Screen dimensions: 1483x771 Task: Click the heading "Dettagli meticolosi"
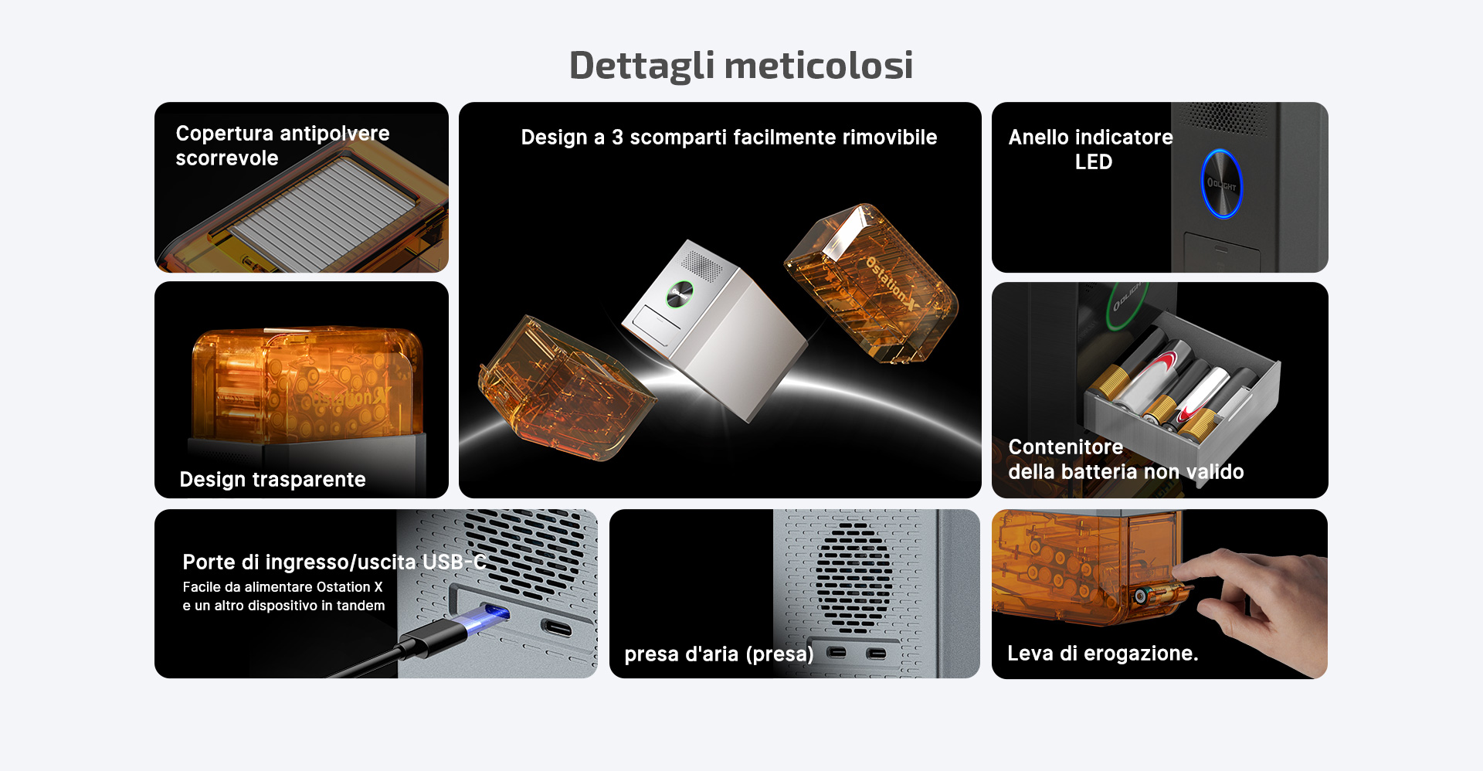[x=741, y=65]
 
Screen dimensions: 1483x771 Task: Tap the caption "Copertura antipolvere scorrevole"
[x=283, y=145]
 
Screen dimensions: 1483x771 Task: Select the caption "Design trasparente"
[x=273, y=480]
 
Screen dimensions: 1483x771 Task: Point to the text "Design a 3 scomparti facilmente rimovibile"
[x=728, y=138]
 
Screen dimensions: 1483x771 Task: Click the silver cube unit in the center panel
[x=714, y=328]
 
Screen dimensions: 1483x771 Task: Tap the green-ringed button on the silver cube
[x=680, y=294]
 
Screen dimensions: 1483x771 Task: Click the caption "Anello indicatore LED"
[x=1091, y=149]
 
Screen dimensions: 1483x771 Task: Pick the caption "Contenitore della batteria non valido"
[x=1125, y=459]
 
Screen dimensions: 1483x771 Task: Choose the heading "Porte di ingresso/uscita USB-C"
[x=334, y=562]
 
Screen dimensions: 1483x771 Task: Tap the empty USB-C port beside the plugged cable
[x=556, y=627]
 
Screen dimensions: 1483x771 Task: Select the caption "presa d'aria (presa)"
[x=719, y=654]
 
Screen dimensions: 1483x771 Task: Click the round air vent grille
[x=853, y=578]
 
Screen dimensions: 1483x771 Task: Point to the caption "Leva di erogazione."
[x=1102, y=654]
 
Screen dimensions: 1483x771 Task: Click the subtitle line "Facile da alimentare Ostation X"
[x=283, y=587]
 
